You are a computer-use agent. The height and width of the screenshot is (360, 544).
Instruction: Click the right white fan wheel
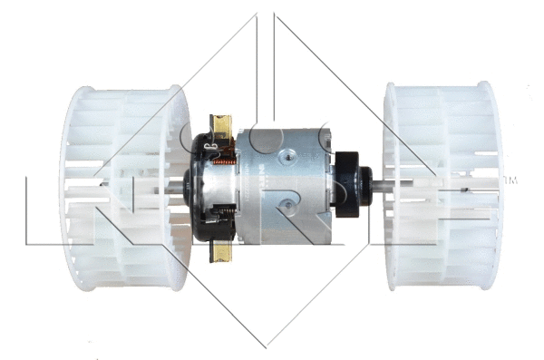[442, 186]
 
